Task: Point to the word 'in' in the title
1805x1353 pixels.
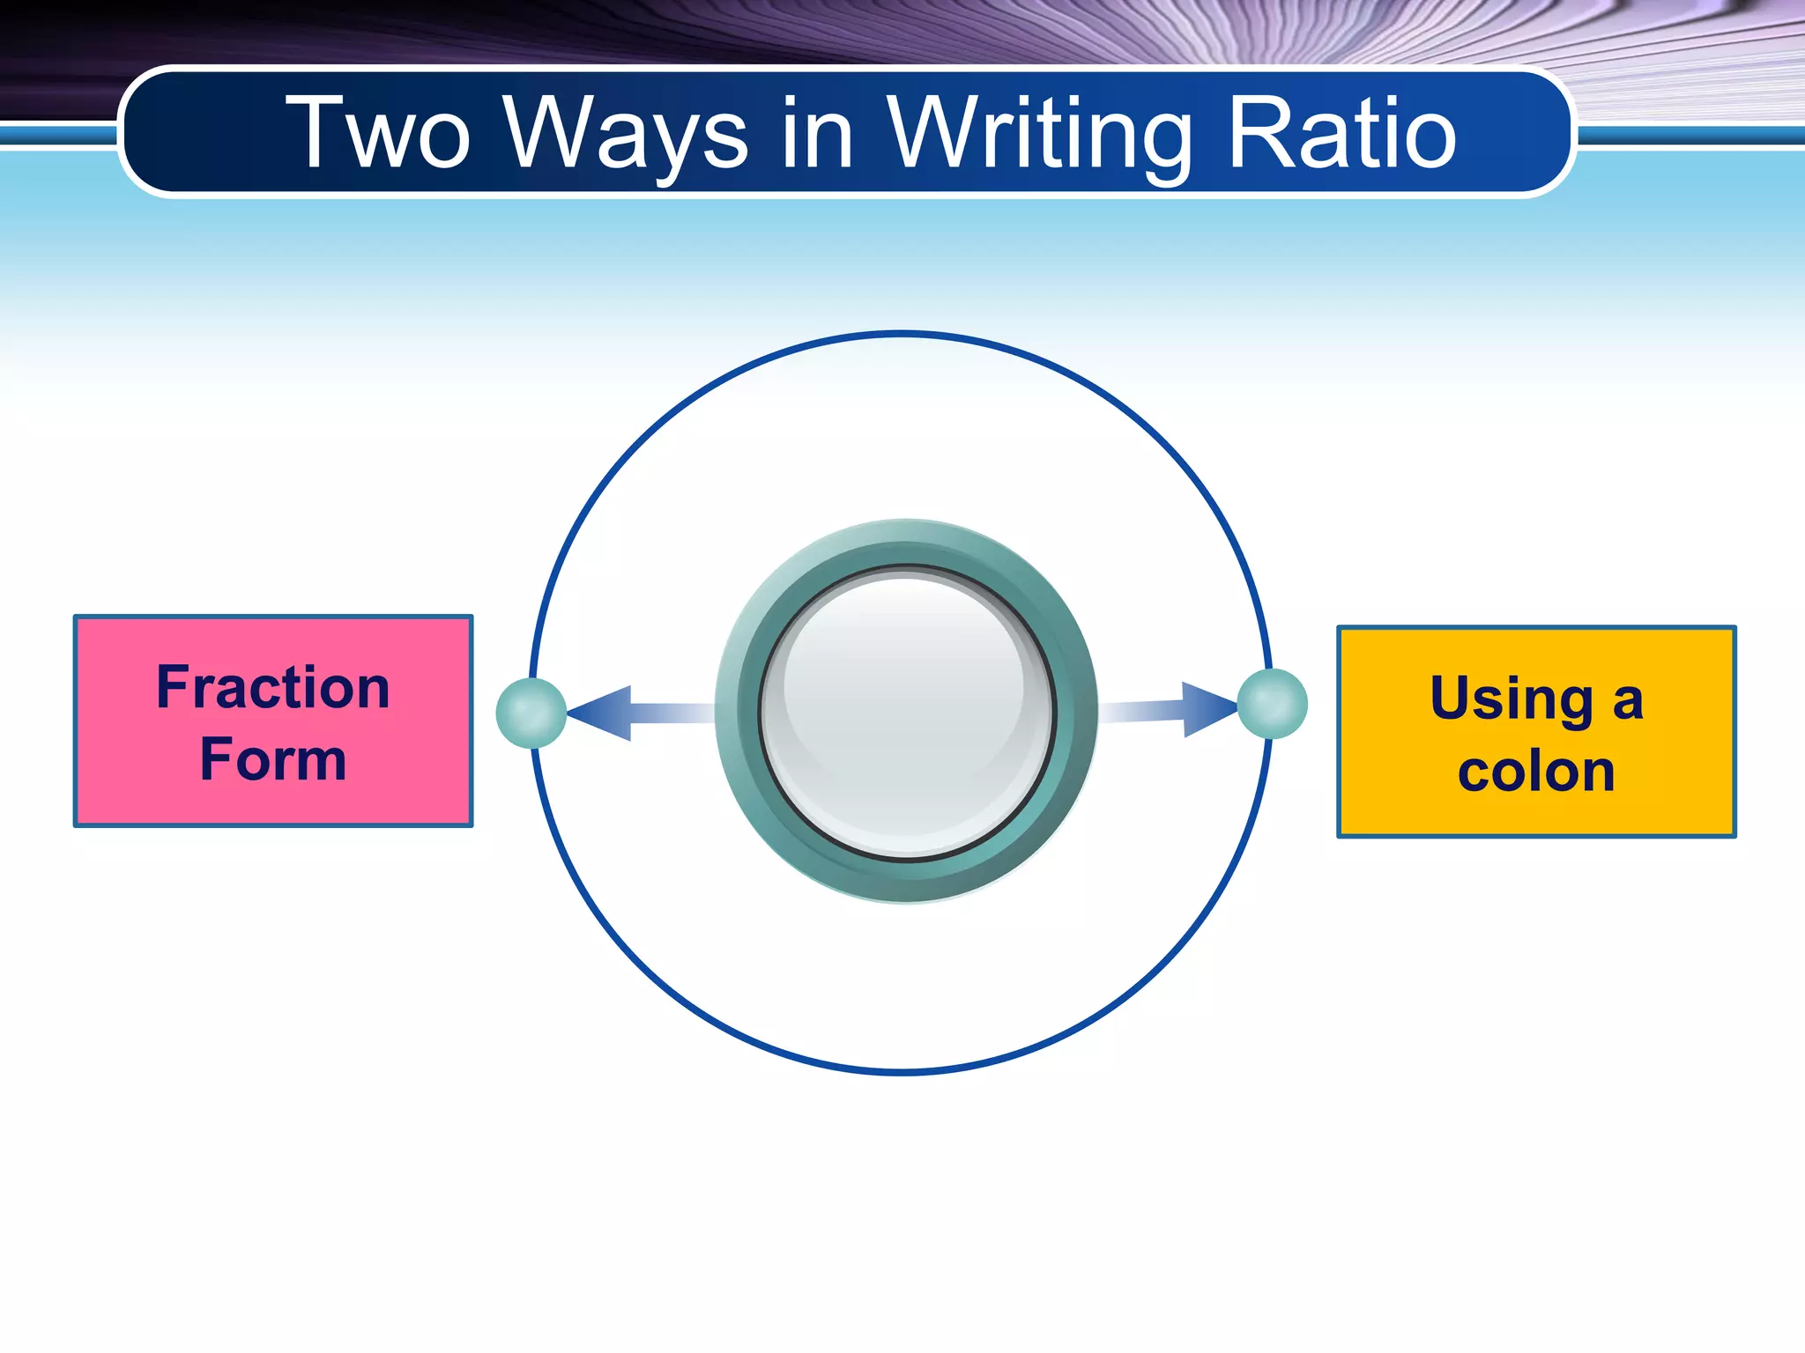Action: coord(818,134)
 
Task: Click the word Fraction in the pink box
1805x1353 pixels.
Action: coord(273,688)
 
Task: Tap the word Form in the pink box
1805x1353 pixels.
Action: coord(273,759)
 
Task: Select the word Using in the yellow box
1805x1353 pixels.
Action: coord(1512,700)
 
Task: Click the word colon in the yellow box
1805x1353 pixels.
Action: coord(1536,773)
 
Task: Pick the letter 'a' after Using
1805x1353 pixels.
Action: coord(1628,703)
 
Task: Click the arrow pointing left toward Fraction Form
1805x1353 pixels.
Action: coord(617,713)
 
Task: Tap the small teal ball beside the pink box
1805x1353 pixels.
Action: coord(531,713)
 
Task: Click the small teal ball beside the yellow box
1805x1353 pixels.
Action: coord(1272,704)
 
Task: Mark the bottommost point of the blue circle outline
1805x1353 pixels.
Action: coord(902,1072)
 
